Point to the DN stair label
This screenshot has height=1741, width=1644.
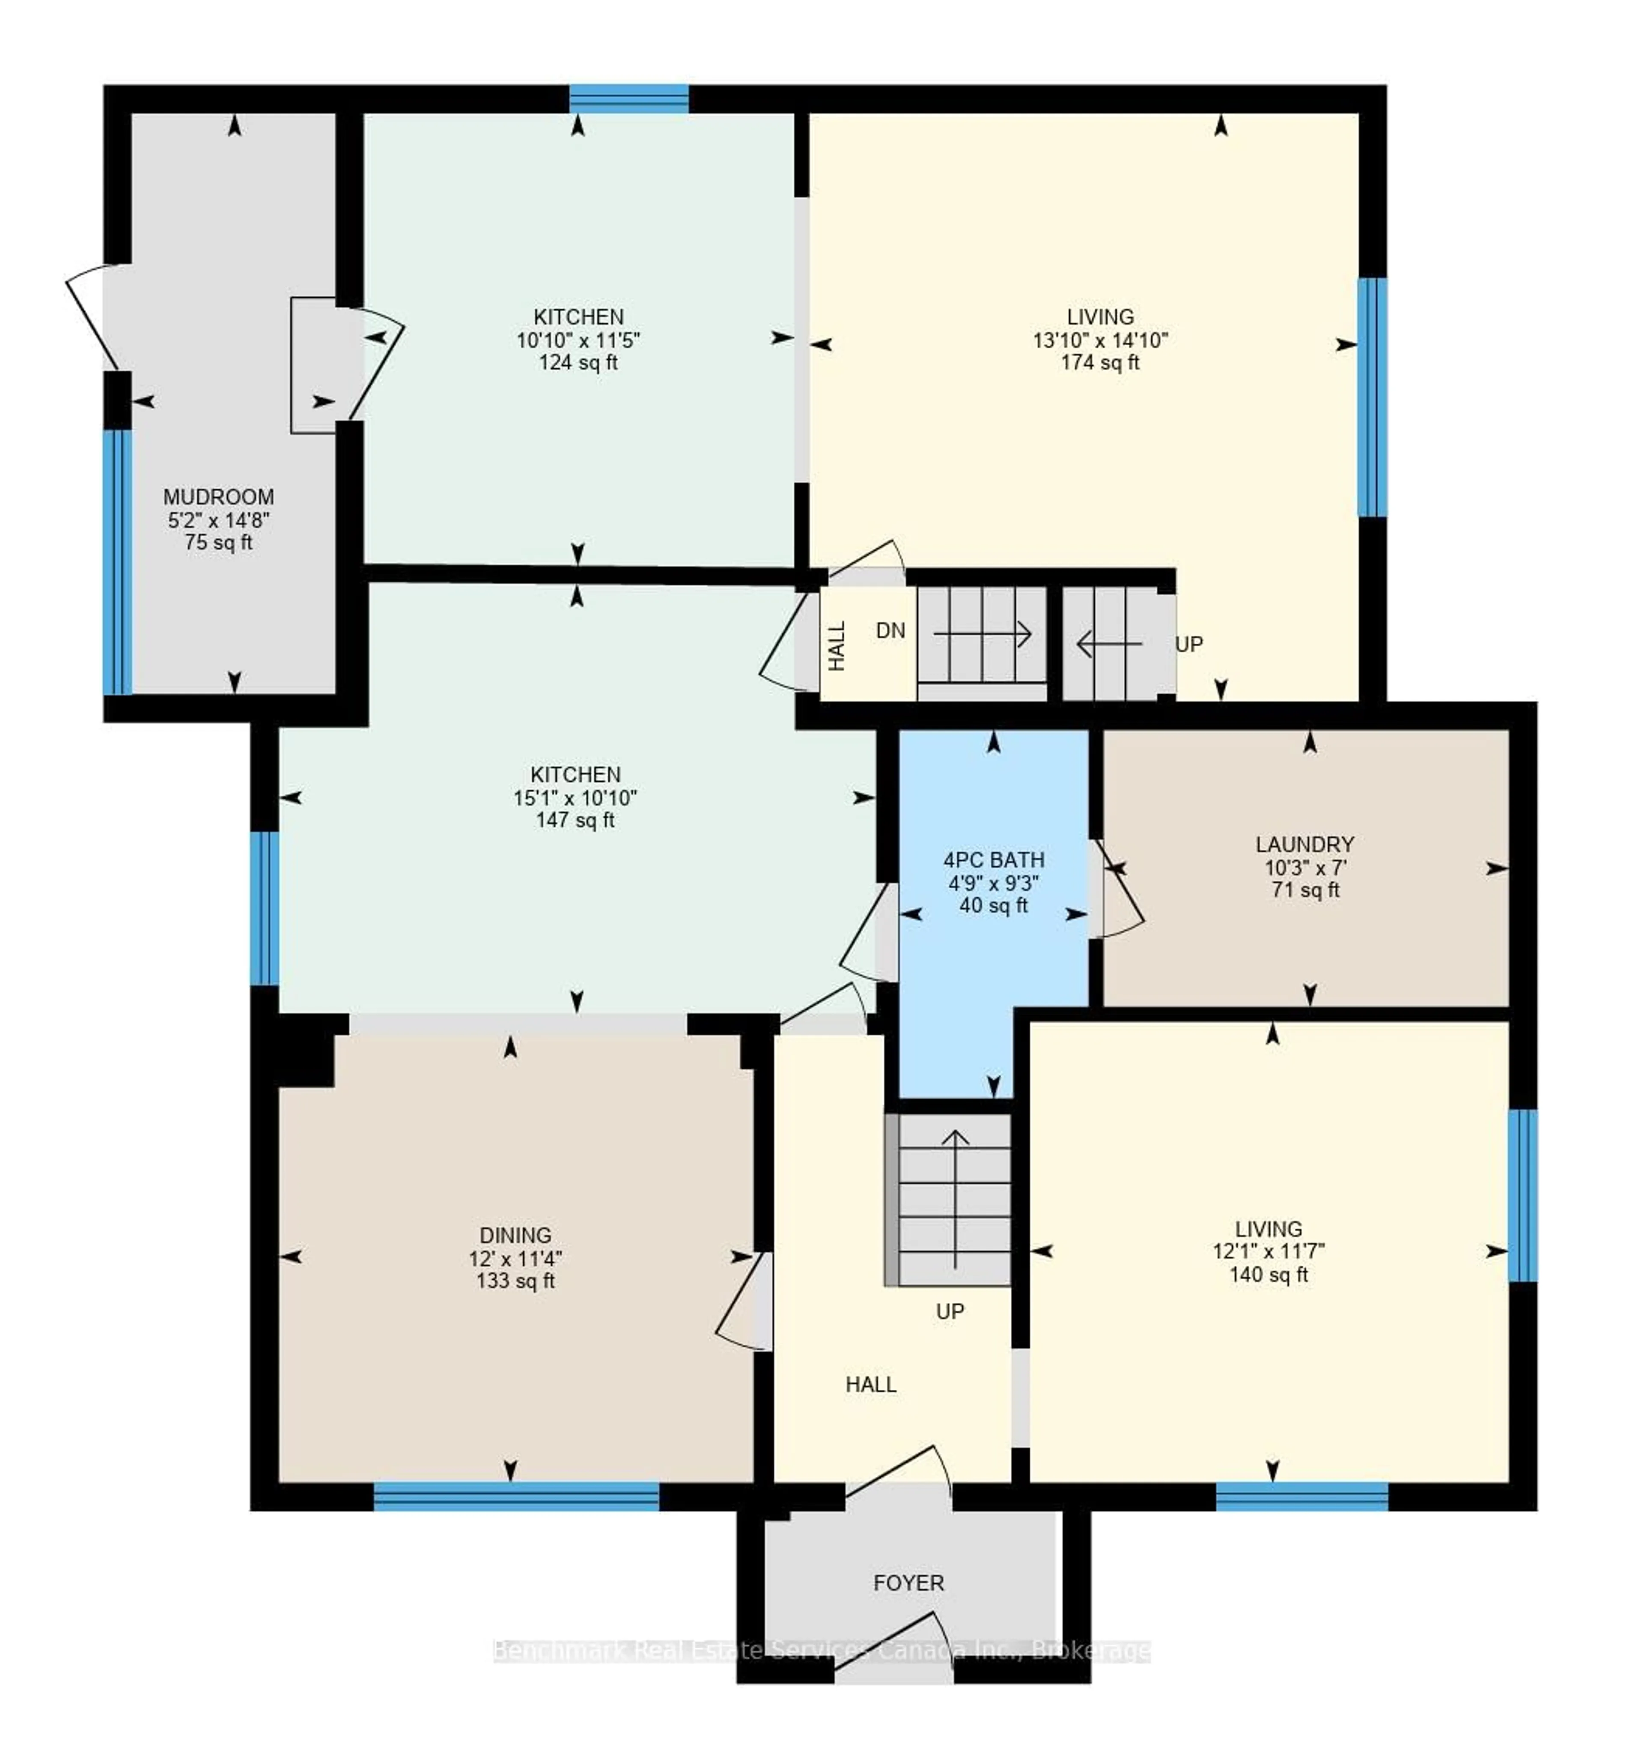click(x=890, y=630)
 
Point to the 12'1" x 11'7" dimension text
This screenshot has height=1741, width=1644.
click(x=1268, y=1251)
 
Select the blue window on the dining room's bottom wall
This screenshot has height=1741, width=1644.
click(x=516, y=1496)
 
